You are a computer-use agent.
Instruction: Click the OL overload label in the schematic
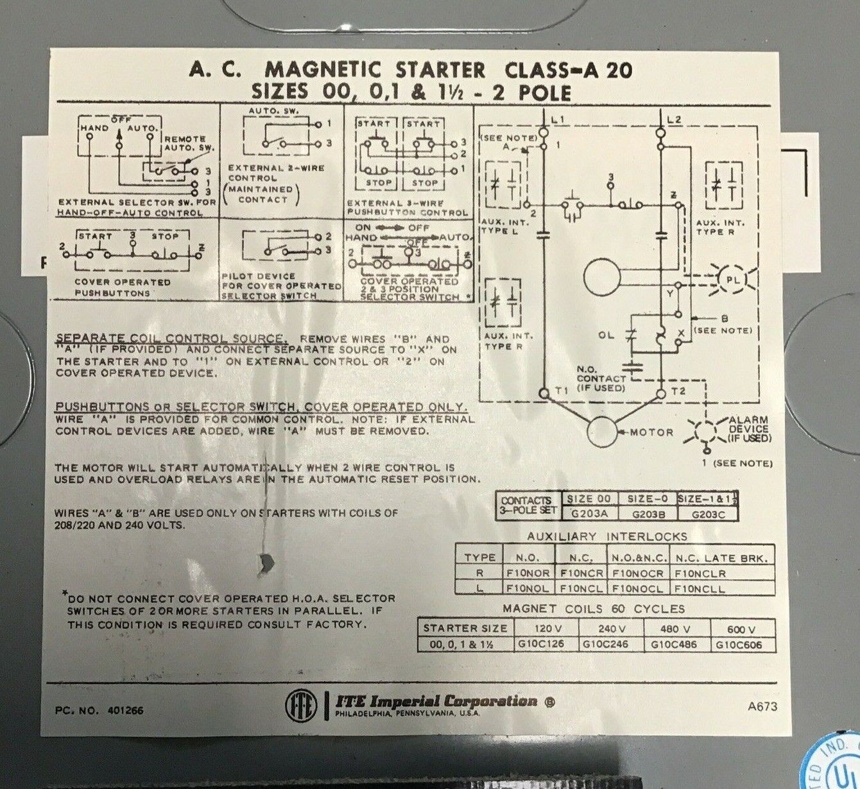(606, 334)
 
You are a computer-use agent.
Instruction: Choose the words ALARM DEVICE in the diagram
(749, 428)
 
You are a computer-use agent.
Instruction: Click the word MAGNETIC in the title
(322, 69)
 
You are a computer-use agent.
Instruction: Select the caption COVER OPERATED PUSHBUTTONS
(122, 287)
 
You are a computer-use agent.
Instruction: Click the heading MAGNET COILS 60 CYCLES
(594, 609)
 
